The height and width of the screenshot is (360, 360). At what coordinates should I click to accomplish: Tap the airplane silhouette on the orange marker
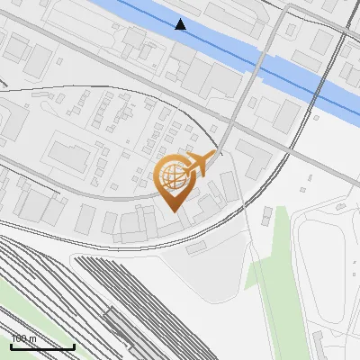200,164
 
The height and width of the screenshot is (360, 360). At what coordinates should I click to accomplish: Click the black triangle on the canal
181,24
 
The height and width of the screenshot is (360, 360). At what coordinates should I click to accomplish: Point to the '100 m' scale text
23,339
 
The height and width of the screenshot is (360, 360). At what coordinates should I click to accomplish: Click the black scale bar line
42,346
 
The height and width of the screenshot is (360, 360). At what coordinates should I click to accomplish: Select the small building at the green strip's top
267,214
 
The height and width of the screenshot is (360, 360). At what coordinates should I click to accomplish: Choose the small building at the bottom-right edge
319,343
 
